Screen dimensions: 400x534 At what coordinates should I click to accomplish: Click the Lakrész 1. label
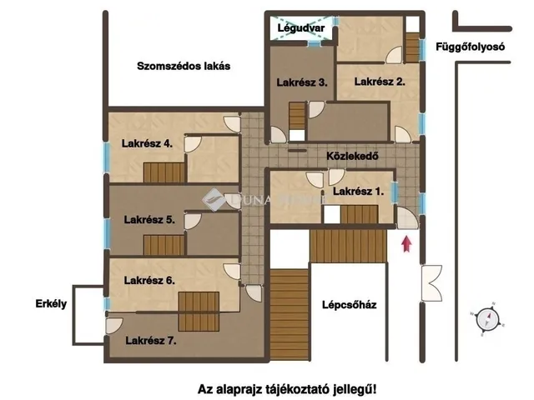358,192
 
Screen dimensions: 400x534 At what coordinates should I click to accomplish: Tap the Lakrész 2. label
380,82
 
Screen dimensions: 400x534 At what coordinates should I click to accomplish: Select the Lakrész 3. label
302,82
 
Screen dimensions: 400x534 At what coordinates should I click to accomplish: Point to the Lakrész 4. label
147,143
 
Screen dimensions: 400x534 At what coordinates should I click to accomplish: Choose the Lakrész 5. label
149,220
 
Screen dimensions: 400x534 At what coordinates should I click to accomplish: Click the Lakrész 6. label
149,281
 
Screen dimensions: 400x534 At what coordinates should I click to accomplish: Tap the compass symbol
486,317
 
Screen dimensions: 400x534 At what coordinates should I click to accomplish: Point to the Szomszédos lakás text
184,66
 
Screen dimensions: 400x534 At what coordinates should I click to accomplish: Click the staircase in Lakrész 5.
163,246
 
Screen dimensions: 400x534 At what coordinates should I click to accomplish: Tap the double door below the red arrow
432,282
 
